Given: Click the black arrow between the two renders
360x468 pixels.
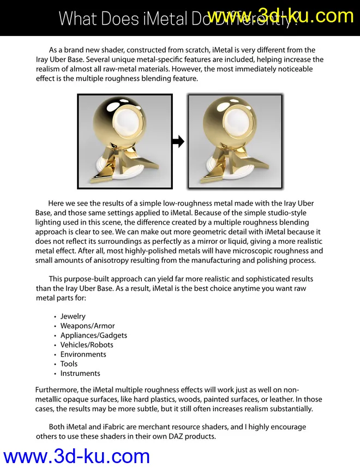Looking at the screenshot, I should point(178,142).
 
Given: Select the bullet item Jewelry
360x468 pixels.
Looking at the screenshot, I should point(73,316).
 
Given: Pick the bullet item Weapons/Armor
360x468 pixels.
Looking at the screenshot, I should point(87,326).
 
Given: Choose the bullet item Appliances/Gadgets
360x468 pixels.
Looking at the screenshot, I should point(94,335).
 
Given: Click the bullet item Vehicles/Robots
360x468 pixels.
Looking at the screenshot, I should point(87,345).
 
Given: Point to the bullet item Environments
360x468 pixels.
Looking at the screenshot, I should point(83,354).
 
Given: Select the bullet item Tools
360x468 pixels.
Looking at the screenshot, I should point(69,364).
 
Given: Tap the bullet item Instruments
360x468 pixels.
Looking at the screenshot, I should point(80,373).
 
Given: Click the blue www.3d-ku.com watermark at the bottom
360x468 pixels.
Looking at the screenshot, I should point(76,456).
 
